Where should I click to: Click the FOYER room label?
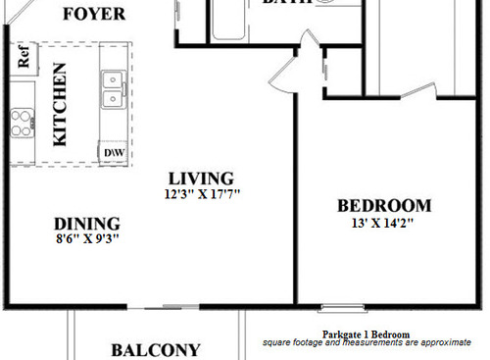point(94,14)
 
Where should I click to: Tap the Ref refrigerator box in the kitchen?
point(24,58)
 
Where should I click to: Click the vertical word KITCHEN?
point(60,104)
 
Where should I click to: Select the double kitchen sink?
point(114,86)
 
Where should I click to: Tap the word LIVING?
point(202,179)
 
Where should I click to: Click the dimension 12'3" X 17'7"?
point(202,194)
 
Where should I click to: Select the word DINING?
point(86,223)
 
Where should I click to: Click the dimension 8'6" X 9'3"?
point(87,237)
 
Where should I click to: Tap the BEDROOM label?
point(384,206)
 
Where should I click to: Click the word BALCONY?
point(156,349)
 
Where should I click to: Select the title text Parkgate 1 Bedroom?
point(366,334)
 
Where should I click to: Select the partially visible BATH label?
point(290,3)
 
